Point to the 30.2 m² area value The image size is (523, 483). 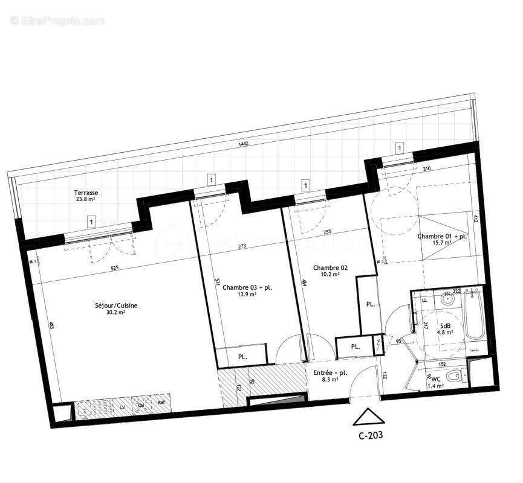[115, 313]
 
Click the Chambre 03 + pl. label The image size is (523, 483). [247, 287]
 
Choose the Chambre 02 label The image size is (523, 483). [330, 267]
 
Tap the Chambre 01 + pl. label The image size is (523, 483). [442, 236]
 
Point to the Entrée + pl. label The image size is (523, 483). [330, 373]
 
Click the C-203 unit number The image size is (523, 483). [368, 433]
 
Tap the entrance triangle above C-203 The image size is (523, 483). [368, 417]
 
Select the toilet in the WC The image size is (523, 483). [458, 376]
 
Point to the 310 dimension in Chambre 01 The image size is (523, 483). [427, 169]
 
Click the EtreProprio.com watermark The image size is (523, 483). [57, 21]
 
